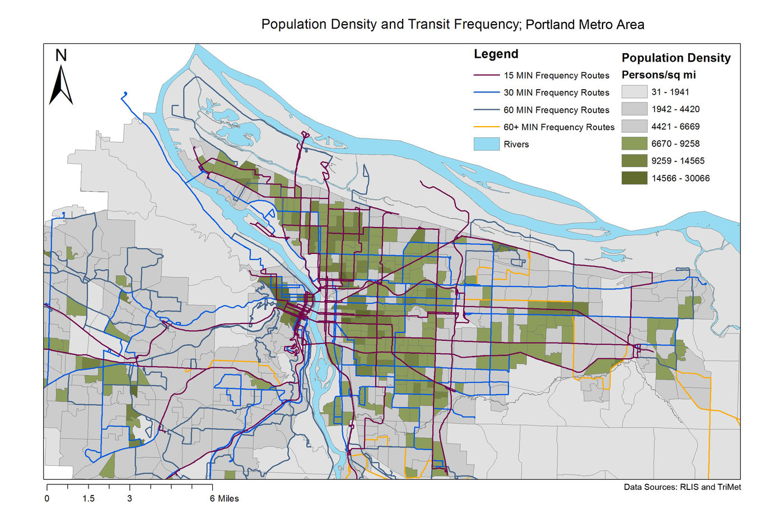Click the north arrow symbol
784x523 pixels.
(61, 85)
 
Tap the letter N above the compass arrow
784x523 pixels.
(61, 55)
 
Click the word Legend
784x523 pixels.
(496, 54)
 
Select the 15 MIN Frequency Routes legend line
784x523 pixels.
(486, 75)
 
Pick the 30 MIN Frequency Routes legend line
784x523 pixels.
(486, 92)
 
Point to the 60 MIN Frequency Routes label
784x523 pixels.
(556, 110)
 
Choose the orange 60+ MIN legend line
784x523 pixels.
(486, 127)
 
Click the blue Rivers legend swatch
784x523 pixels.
(486, 144)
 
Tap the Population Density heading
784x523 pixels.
(676, 58)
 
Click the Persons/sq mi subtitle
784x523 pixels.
(659, 75)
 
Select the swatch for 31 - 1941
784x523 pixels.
(634, 92)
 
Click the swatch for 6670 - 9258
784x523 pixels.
(634, 144)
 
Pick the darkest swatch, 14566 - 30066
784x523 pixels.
(634, 178)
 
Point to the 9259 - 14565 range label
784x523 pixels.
(678, 161)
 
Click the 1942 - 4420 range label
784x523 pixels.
(675, 109)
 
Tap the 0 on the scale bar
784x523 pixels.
(47, 498)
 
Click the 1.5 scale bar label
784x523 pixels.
(88, 498)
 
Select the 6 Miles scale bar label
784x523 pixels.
(225, 498)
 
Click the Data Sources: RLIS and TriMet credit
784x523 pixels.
(682, 487)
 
